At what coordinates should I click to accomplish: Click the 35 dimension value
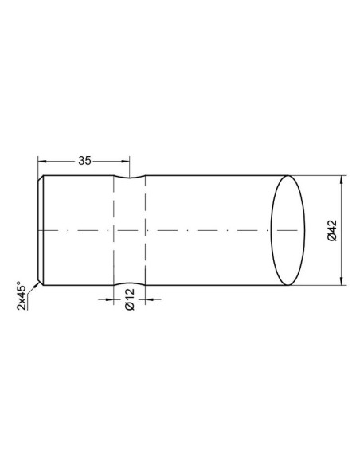84,160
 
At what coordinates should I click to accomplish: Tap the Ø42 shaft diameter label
329,229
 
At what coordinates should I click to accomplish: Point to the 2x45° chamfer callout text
22,297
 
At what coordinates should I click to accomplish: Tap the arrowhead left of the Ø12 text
111,300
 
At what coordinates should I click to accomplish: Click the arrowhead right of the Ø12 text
150,300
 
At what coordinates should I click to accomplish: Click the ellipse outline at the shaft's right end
272,229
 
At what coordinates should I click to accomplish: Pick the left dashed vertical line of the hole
115,239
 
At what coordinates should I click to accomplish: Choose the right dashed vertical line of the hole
146,239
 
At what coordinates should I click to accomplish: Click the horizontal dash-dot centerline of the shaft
199,230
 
